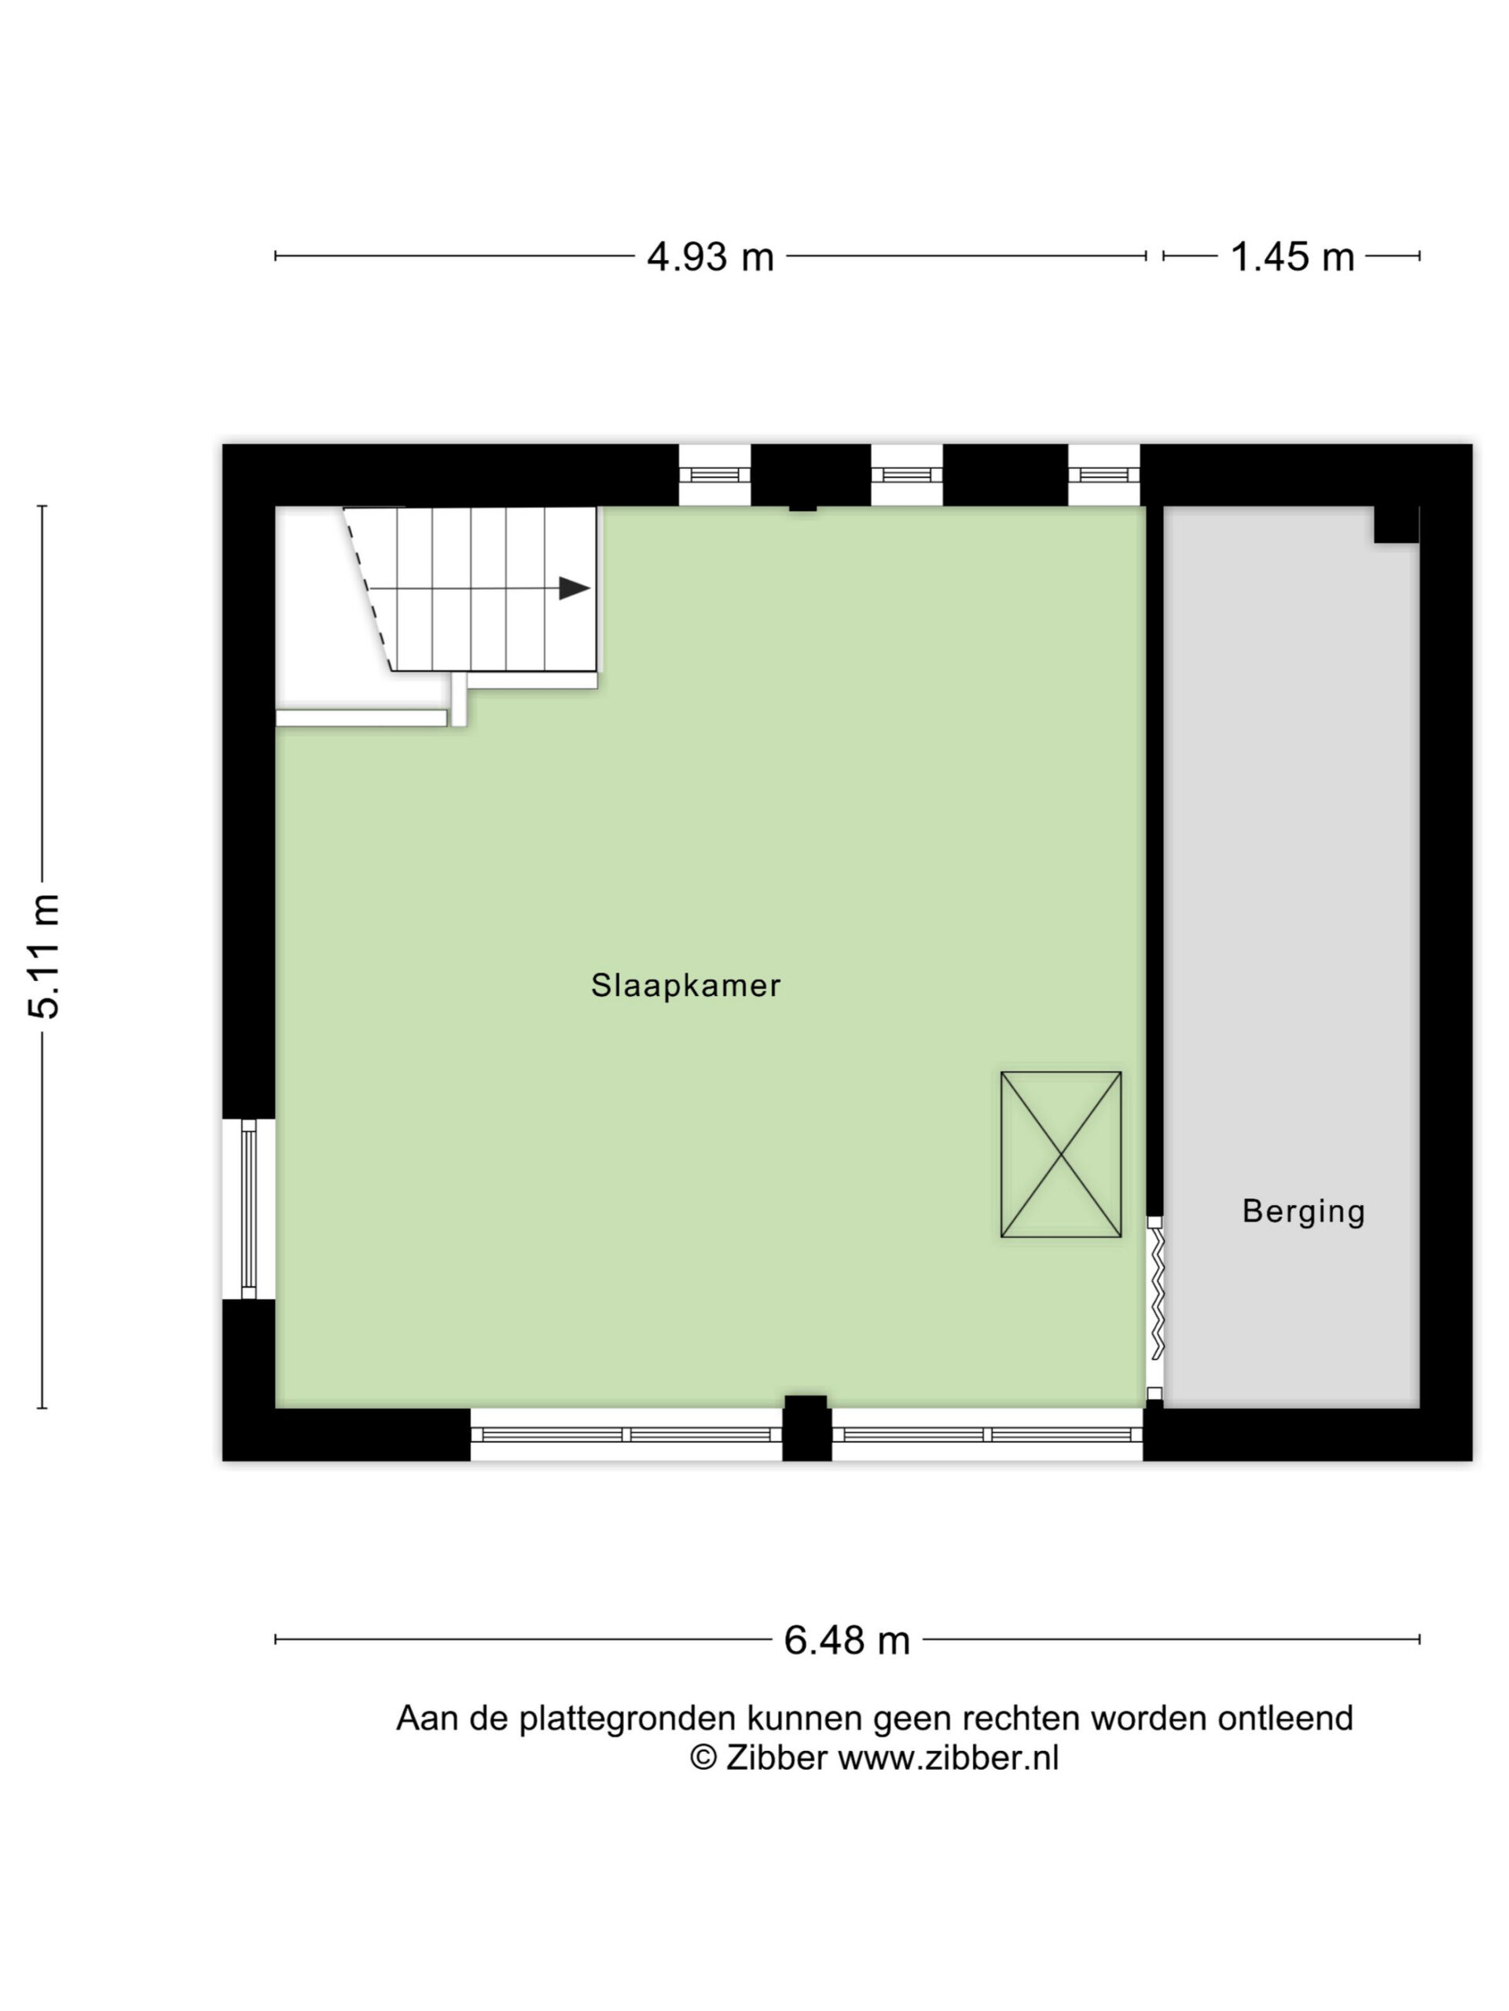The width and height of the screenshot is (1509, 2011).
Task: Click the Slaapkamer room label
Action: point(686,986)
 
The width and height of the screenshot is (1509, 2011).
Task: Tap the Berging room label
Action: point(1303,1212)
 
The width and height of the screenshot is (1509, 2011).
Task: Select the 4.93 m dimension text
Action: point(710,258)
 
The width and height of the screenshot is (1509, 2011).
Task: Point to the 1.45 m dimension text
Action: point(1291,258)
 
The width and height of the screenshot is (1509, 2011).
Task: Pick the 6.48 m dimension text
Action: point(846,1640)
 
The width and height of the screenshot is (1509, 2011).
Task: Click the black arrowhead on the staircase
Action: point(574,588)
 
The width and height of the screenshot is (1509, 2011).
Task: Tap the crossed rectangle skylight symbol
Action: point(1060,1155)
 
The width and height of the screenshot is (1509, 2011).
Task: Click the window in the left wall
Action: point(248,1209)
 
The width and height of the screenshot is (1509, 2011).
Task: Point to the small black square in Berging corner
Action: point(1396,525)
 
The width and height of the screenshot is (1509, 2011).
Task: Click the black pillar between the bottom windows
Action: point(807,1428)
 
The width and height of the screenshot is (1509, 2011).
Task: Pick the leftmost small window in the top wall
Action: point(715,474)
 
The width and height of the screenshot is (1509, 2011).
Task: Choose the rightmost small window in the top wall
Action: point(1103,474)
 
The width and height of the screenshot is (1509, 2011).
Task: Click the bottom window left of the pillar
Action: point(626,1434)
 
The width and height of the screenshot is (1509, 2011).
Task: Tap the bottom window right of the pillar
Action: point(988,1434)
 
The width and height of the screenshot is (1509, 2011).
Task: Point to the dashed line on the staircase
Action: point(368,588)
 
